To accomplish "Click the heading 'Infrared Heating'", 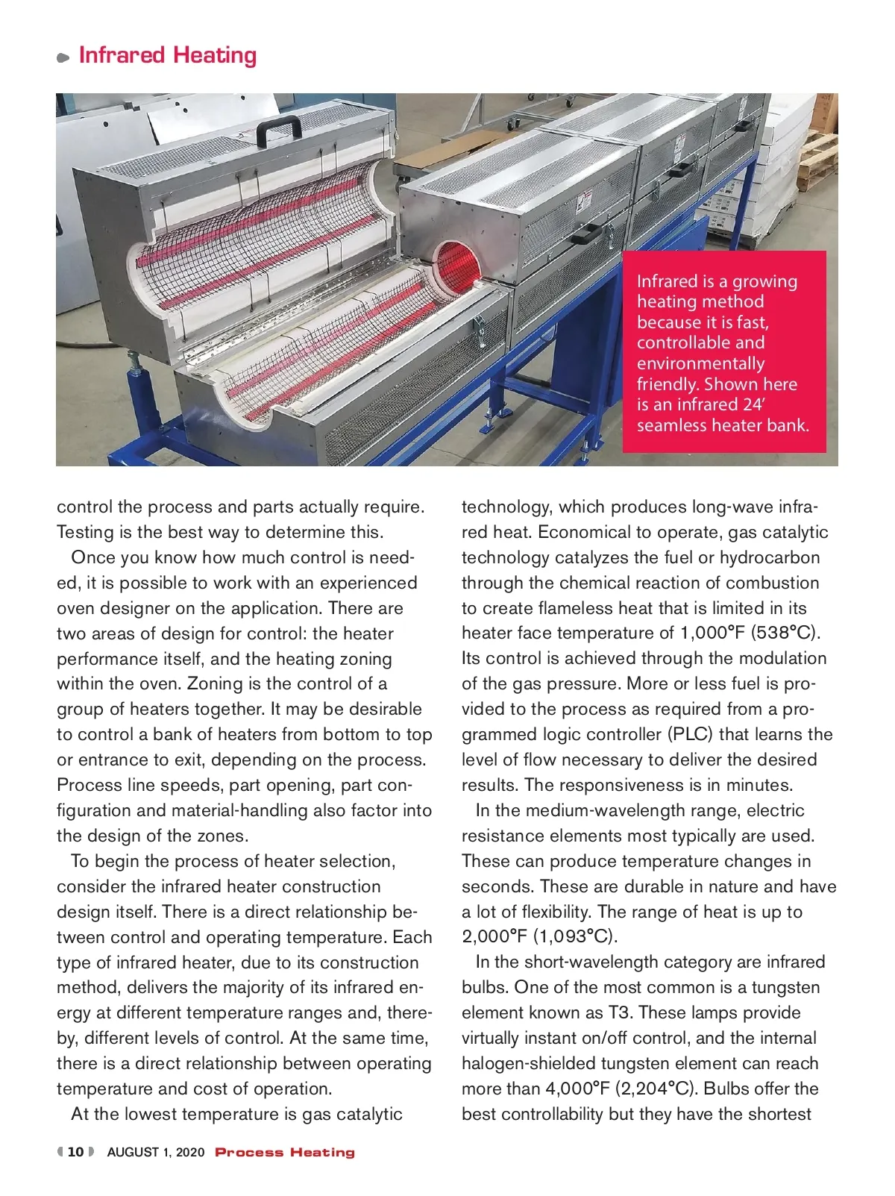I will click(x=168, y=55).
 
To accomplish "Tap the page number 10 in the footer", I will click(x=75, y=1152).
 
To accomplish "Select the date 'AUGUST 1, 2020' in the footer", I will click(x=156, y=1152).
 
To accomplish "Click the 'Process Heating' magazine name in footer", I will click(x=285, y=1152).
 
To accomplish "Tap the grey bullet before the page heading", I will click(x=63, y=57).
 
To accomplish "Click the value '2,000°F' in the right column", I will click(x=494, y=936).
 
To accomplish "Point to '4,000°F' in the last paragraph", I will click(x=578, y=1089).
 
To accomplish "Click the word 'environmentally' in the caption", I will click(x=700, y=363).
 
